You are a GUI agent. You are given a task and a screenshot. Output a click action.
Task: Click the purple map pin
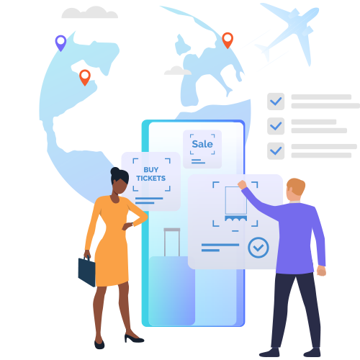[60, 42]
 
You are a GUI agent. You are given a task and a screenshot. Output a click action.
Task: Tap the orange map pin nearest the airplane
[228, 40]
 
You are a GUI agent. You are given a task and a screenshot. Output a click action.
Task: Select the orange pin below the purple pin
[85, 77]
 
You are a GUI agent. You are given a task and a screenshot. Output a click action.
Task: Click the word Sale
[202, 144]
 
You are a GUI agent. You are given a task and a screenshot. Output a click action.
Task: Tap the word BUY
[151, 170]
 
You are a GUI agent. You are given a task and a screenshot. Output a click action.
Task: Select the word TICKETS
[151, 179]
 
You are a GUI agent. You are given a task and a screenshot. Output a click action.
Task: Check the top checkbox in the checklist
[276, 102]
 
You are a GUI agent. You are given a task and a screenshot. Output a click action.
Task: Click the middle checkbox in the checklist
[276, 126]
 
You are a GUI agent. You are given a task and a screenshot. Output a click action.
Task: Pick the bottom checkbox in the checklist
[276, 151]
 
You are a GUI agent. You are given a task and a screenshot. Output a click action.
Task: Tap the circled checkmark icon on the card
[258, 248]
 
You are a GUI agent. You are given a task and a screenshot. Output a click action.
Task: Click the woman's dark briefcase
[87, 271]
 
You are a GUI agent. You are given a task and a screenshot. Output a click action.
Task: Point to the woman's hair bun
[115, 171]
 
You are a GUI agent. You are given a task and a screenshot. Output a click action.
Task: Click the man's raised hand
[242, 184]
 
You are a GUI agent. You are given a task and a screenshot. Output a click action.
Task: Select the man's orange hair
[296, 186]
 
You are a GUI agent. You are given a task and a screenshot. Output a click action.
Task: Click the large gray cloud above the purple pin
[90, 12]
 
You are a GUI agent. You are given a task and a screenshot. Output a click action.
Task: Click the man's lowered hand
[321, 271]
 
